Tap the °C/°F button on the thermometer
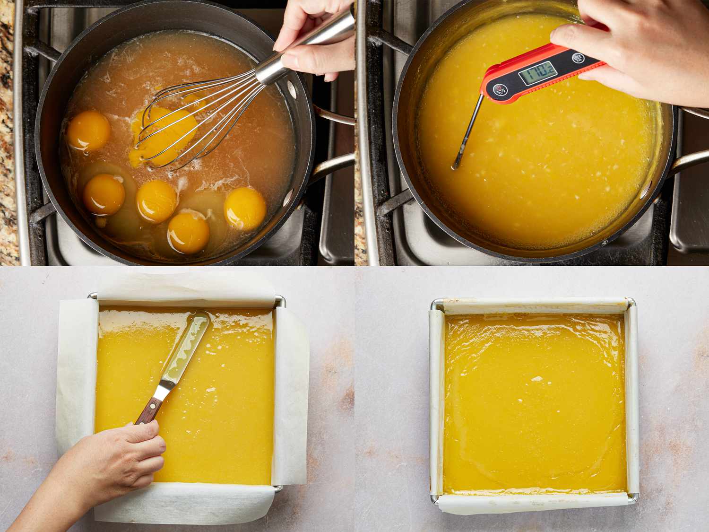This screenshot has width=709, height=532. [500, 89]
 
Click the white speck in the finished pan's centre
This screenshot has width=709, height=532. [536, 378]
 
